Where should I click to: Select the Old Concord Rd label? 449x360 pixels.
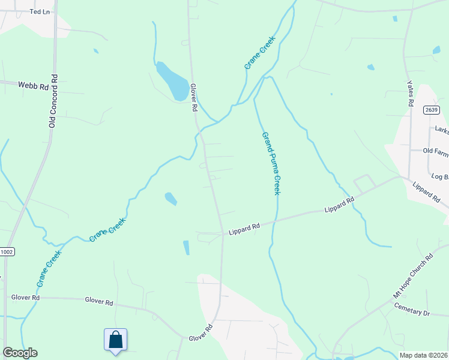click(53, 101)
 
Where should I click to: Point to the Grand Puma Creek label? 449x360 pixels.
click(271, 163)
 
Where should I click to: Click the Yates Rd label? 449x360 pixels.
click(411, 94)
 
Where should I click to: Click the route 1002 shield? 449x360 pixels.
click(7, 253)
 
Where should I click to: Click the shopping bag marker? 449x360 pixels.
click(115, 340)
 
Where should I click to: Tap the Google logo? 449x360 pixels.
click(20, 353)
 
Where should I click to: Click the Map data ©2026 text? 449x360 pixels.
click(423, 355)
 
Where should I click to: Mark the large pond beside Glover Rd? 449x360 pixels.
click(172, 81)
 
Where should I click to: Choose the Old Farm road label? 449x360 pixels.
click(435, 151)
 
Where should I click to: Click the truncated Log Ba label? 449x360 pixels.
click(440, 176)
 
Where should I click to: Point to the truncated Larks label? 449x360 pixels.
click(442, 130)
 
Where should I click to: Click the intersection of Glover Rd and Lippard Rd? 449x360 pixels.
click(223, 235)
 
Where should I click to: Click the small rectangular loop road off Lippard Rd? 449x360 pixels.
click(364, 181)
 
